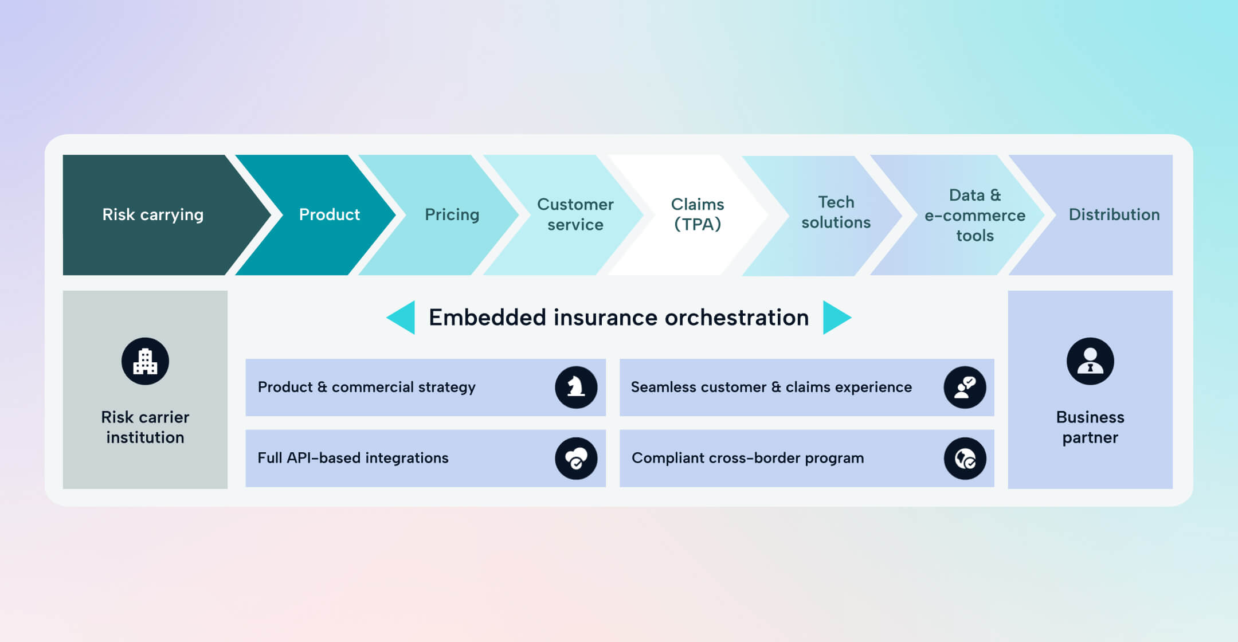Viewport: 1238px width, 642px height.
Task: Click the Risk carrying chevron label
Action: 152,214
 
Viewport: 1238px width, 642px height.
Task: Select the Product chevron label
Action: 329,214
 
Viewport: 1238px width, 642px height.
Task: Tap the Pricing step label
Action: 452,214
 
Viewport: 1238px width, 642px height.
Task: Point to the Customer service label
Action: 575,214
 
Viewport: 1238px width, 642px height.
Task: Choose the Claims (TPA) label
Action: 697,214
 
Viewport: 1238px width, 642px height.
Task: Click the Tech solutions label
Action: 836,212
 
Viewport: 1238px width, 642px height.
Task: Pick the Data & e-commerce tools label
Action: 974,215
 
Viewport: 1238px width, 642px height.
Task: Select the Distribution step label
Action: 1114,214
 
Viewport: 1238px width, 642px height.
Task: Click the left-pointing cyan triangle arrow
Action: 403,317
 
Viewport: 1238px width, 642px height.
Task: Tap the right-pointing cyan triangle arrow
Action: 835,317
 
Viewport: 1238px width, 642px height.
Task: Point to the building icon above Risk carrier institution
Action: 145,361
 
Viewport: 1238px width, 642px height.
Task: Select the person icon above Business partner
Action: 1090,361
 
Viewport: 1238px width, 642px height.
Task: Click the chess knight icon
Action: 576,387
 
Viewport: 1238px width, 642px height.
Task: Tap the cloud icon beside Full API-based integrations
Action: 576,459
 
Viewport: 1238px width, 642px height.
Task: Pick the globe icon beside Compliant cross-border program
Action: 965,459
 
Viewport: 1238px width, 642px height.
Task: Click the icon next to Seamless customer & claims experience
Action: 965,387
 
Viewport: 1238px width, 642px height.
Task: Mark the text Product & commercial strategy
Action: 366,387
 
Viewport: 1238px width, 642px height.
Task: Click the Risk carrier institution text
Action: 145,427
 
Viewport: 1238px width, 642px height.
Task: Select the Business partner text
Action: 1090,427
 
